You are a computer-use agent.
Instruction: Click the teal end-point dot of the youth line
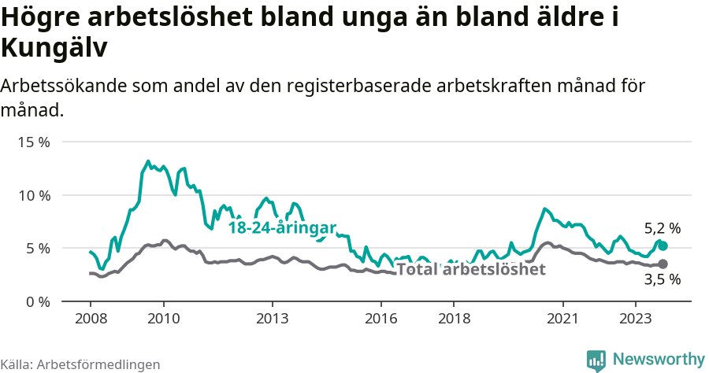coord(663,246)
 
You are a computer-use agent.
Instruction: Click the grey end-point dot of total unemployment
coord(663,264)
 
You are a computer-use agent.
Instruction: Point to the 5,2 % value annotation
coord(662,229)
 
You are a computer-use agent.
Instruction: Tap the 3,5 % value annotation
coord(662,279)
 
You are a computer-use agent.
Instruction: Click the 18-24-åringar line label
coord(282,227)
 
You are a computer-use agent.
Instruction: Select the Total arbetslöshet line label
coord(470,270)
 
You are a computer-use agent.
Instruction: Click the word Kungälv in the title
coord(54,49)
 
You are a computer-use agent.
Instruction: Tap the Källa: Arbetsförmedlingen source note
coord(80,364)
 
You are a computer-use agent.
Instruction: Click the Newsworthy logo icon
coord(596,360)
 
